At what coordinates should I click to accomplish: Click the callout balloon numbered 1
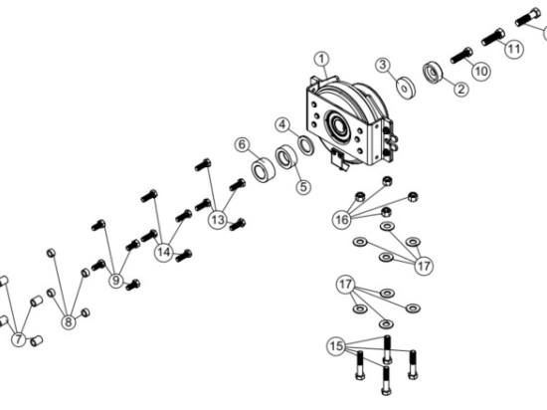[x=320, y=60]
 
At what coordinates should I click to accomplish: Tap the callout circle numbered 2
[x=460, y=90]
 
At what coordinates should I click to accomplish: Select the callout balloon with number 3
[x=382, y=66]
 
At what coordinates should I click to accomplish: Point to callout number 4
[x=282, y=124]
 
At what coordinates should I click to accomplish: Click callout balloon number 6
[x=241, y=144]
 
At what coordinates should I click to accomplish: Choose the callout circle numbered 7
[x=18, y=339]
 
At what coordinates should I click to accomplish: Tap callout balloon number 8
[x=69, y=321]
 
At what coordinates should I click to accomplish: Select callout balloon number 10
[x=480, y=72]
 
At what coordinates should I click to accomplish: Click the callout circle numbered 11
[x=513, y=47]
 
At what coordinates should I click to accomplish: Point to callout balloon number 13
[x=218, y=220]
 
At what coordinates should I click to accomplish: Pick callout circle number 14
[x=164, y=253]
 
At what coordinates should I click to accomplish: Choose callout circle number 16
[x=342, y=218]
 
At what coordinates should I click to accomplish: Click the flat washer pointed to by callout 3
[x=407, y=87]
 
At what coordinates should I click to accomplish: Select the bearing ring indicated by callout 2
[x=434, y=74]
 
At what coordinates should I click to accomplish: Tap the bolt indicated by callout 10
[x=461, y=54]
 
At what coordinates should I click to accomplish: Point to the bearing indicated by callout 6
[x=263, y=170]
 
